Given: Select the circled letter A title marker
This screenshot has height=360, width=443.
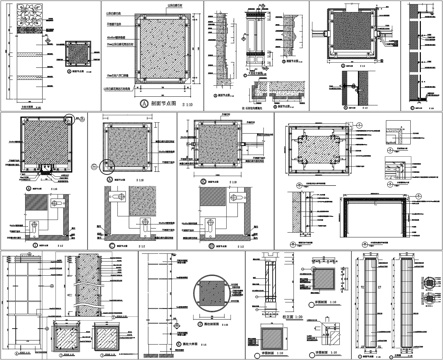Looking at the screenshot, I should click(144, 103).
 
